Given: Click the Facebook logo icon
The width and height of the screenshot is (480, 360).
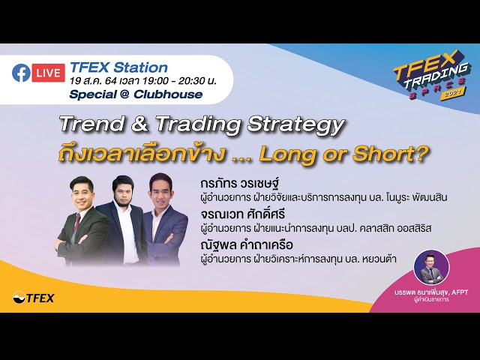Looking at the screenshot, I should pos(21,73).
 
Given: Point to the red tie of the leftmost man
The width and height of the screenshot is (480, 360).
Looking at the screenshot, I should pos(82,229).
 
